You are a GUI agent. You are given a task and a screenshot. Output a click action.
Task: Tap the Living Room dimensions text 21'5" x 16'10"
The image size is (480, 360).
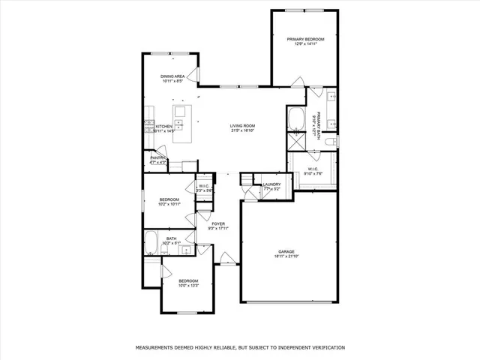[243, 130]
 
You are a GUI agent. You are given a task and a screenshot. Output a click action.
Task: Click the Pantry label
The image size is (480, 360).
[157, 157]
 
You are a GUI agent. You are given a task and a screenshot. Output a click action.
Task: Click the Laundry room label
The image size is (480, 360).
[271, 184]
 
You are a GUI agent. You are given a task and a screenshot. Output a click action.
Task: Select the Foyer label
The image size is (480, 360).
[218, 223]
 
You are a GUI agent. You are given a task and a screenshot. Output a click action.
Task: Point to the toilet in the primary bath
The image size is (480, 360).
[334, 140]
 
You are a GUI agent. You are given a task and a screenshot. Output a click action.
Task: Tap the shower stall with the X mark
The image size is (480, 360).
[294, 142]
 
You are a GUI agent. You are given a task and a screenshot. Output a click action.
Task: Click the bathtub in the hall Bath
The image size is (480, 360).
[151, 242]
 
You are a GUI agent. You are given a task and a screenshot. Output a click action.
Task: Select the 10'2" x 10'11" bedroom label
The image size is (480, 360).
[169, 199]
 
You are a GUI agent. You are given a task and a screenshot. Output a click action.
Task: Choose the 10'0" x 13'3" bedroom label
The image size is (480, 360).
[189, 280]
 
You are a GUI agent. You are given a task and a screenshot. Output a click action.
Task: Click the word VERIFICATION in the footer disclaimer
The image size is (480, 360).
[322, 348]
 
